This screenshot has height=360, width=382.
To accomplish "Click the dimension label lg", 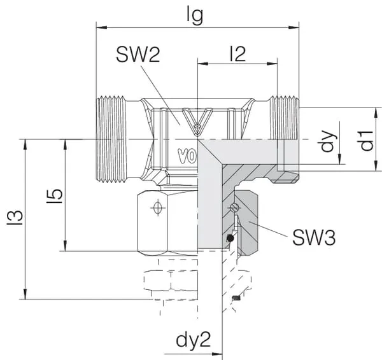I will [x=195, y=15].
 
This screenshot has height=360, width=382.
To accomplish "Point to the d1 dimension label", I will [x=364, y=140].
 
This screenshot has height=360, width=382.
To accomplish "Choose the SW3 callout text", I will [x=314, y=238].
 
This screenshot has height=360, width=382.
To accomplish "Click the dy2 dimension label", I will [x=193, y=340].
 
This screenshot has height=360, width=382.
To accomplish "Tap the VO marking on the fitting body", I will [x=186, y=155].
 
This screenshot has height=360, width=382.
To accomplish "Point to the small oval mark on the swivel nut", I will [x=155, y=207].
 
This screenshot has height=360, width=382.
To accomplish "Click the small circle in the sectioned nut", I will [x=236, y=207].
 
